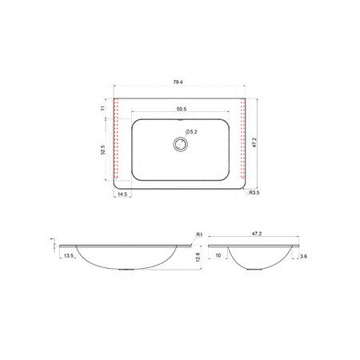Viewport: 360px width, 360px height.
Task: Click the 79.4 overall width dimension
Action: click(178, 82)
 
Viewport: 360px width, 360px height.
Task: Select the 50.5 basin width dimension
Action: click(182, 109)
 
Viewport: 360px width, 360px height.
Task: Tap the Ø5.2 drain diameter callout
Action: click(191, 132)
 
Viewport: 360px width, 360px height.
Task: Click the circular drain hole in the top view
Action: click(181, 144)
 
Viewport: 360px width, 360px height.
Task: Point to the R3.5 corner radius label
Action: click(254, 193)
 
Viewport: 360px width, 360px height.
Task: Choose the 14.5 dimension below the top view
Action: click(122, 194)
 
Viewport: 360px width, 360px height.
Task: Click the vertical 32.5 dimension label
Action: click(103, 150)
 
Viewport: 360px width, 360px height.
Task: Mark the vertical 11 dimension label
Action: click(103, 108)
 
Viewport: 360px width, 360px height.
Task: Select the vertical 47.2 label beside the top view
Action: click(254, 142)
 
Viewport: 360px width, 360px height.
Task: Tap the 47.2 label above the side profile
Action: click(257, 234)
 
